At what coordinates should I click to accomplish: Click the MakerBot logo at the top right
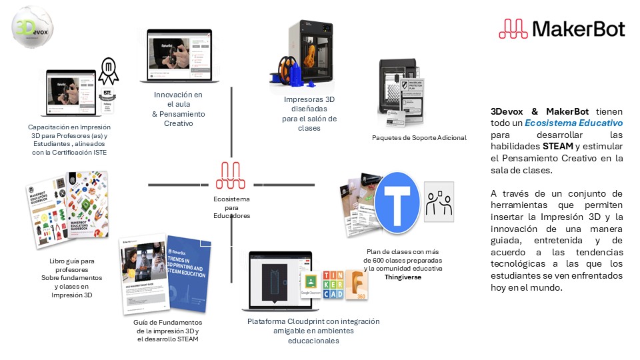[x=561, y=29]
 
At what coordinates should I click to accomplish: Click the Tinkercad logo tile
[x=333, y=285]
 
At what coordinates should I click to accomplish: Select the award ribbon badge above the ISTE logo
[x=109, y=69]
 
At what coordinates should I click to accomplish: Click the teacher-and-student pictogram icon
[x=439, y=201]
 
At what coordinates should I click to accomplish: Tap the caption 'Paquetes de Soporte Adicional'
[x=419, y=138]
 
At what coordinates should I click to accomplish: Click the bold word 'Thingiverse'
[x=403, y=277]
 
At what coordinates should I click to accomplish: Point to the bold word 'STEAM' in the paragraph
[x=558, y=147]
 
